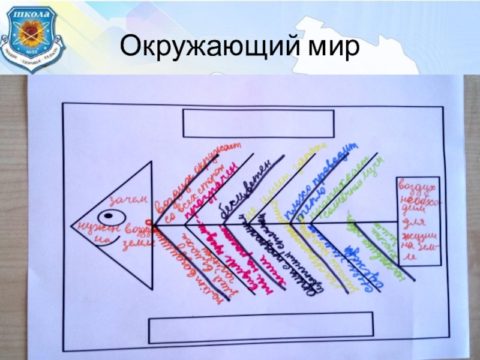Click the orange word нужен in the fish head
90,227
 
